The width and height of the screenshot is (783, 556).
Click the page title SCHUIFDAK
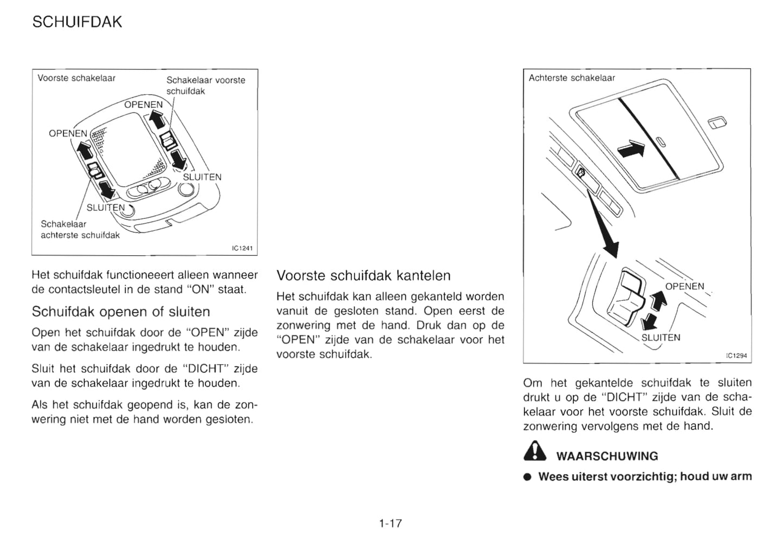77,22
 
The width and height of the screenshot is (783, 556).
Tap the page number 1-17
390,523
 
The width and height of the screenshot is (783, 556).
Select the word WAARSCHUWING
607,456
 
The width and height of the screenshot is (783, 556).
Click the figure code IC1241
242,249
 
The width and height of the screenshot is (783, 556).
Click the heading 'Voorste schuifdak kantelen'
363,275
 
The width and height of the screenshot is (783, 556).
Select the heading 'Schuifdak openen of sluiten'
121,312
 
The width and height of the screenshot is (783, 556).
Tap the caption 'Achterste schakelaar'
572,78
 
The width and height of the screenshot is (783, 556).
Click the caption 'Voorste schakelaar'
76,78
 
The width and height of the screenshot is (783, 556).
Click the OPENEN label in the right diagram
684,287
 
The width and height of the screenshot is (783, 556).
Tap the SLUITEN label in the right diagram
661,337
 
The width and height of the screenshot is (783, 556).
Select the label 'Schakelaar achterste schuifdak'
80,229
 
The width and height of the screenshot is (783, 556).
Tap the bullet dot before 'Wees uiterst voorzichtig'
527,477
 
